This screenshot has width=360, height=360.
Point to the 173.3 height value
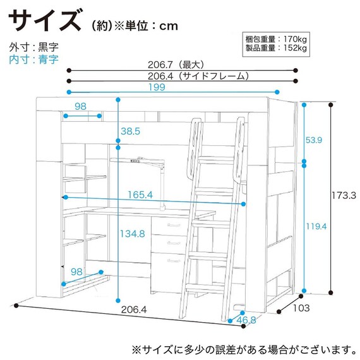tap(347, 196)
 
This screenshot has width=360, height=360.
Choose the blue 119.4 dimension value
tap(318, 224)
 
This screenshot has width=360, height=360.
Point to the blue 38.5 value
tap(129, 131)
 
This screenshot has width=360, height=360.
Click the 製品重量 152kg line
tap(275, 49)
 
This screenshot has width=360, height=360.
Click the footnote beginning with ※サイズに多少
tap(240, 349)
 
